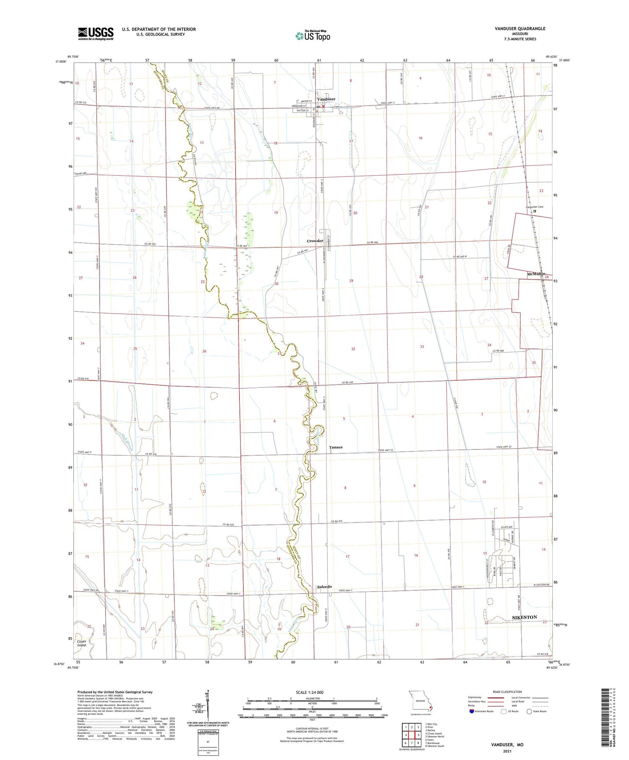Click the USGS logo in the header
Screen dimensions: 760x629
(96, 34)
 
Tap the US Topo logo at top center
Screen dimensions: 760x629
(312, 36)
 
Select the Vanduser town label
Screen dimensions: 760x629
(326, 99)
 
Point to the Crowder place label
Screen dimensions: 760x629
(315, 241)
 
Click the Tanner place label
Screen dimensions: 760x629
(335, 447)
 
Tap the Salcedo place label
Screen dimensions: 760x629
(325, 586)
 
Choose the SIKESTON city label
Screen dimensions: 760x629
(525, 617)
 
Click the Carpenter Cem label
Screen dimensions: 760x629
(534, 207)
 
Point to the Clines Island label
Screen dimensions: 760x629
(81, 643)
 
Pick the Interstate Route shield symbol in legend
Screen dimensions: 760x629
(472, 711)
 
